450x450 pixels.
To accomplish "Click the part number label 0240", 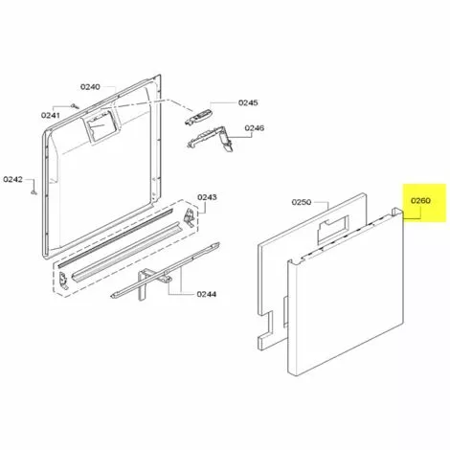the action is point(90,87).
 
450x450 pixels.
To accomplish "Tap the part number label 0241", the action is point(50,115).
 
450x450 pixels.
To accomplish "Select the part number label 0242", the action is point(13,179).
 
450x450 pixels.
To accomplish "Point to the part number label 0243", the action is point(207,197).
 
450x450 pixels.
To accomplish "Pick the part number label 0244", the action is point(206,294).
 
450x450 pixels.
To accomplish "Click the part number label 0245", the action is point(248,102).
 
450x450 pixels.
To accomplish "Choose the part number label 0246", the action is point(255,128).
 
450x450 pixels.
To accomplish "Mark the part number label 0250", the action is point(302,202).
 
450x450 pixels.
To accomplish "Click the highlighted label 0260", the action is point(420,200).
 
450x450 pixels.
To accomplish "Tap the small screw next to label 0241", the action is point(75,105).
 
